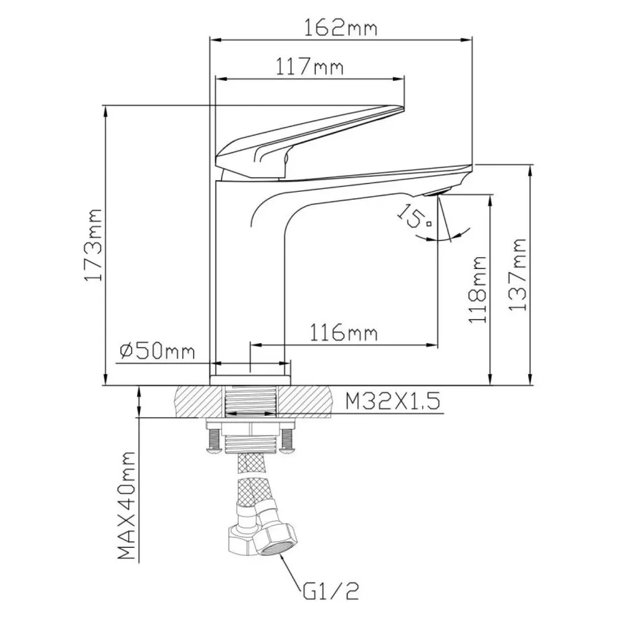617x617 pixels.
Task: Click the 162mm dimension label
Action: click(x=341, y=28)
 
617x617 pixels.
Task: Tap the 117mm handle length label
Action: click(x=309, y=67)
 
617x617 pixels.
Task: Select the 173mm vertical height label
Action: click(x=94, y=245)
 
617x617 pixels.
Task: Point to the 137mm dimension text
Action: click(x=518, y=275)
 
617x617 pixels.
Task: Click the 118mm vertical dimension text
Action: click(x=478, y=289)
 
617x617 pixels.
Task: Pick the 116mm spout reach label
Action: click(x=344, y=333)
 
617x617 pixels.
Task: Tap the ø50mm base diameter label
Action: click(x=157, y=350)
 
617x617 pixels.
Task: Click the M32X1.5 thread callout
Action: click(x=392, y=402)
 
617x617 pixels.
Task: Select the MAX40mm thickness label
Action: click(x=126, y=505)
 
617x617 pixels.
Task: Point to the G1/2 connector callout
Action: click(x=331, y=590)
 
